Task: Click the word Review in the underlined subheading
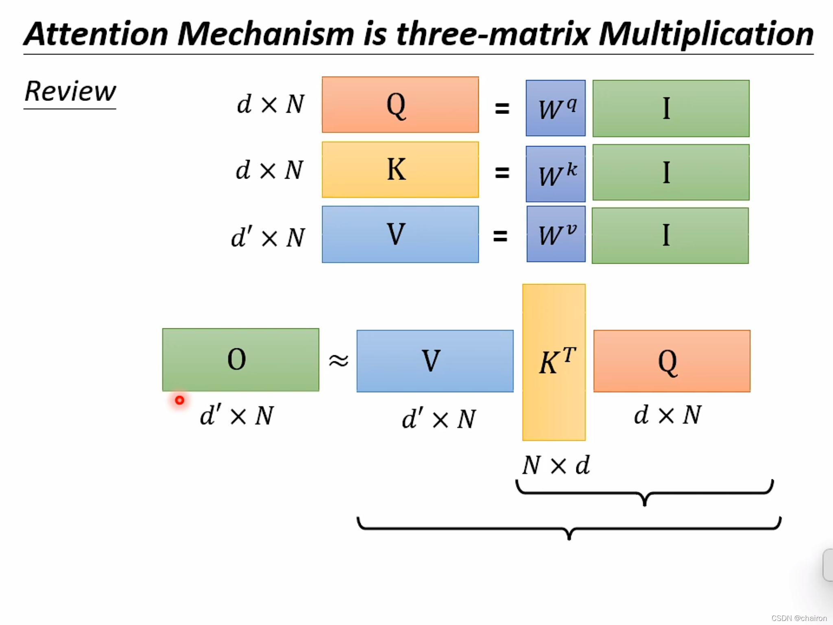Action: pyautogui.click(x=70, y=92)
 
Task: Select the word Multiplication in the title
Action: pyautogui.click(x=706, y=34)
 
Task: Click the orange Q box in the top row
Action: pyautogui.click(x=400, y=105)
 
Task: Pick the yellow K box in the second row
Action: pyautogui.click(x=400, y=170)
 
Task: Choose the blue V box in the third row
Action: pyautogui.click(x=400, y=234)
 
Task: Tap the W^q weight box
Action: pyautogui.click(x=556, y=108)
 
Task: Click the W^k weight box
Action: pyautogui.click(x=556, y=174)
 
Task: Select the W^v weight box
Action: pyautogui.click(x=556, y=234)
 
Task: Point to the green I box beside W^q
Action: pyautogui.click(x=671, y=108)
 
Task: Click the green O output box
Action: pyautogui.click(x=240, y=360)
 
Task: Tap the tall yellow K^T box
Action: pyautogui.click(x=554, y=362)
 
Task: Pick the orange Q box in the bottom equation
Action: pyautogui.click(x=672, y=361)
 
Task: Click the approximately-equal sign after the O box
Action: pyautogui.click(x=338, y=361)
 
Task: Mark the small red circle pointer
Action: pyautogui.click(x=179, y=400)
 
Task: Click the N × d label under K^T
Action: pyautogui.click(x=556, y=465)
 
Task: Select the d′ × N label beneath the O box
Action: pyautogui.click(x=237, y=416)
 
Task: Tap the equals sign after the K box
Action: pyautogui.click(x=502, y=173)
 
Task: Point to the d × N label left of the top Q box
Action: pyautogui.click(x=270, y=105)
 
